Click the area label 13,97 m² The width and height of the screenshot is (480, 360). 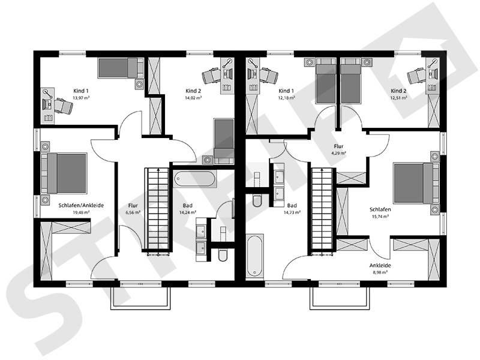tap(81, 97)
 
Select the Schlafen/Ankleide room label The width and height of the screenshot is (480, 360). tap(81, 205)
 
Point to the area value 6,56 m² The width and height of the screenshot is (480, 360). tap(133, 212)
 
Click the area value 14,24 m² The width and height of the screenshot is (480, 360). tap(187, 212)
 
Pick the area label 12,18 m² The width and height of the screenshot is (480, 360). tap(286, 97)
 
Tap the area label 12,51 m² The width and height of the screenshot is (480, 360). tap(398, 97)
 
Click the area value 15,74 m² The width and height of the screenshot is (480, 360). tap(381, 217)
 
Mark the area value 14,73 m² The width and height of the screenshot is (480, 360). tap(292, 212)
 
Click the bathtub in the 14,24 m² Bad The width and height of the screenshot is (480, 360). tap(193, 179)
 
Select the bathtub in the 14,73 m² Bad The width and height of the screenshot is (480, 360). tap(255, 256)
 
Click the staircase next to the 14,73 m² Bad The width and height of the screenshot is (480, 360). tap(322, 208)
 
